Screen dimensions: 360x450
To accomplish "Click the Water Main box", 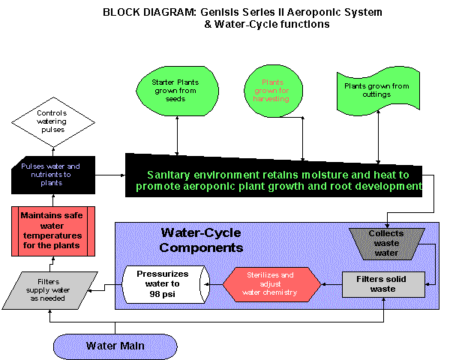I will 115,346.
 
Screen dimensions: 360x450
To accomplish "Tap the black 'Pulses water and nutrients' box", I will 52,171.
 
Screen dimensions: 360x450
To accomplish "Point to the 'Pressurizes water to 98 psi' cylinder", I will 167,284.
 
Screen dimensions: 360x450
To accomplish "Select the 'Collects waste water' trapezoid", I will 386,241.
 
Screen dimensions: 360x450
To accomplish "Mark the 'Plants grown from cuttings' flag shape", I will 376,90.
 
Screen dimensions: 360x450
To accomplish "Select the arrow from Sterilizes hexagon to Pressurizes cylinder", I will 217,285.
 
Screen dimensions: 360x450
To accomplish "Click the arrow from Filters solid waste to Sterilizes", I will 331,285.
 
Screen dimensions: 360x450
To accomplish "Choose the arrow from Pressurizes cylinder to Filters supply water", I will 111,285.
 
